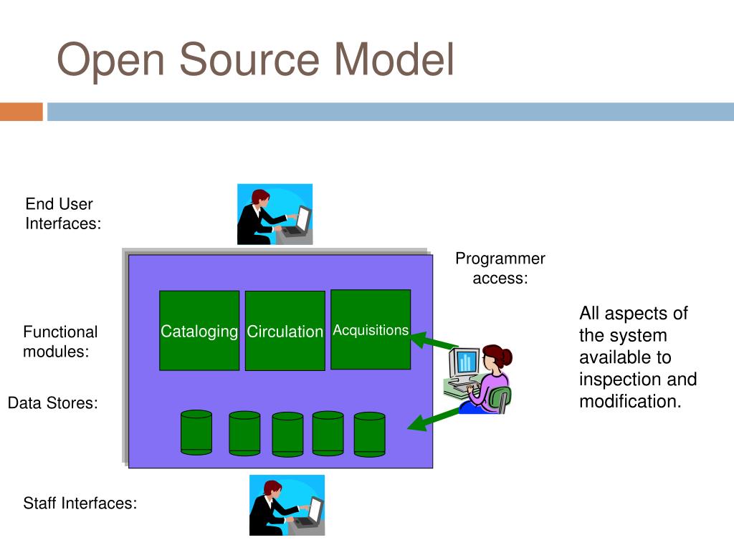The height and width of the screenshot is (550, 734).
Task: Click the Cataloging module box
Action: point(199,330)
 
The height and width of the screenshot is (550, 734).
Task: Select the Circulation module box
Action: point(285,331)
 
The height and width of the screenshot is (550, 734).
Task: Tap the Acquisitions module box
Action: point(371,329)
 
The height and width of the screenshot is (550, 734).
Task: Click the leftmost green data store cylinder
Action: point(196,433)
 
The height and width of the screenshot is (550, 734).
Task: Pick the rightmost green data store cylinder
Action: point(370,435)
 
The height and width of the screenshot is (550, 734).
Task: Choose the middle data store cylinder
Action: point(287,435)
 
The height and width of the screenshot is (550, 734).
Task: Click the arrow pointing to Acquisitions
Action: point(434,341)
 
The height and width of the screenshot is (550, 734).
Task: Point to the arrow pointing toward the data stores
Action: point(434,420)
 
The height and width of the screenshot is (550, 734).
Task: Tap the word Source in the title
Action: point(249,59)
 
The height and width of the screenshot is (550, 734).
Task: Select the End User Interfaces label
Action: point(63,213)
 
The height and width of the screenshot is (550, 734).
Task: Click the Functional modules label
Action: point(60,342)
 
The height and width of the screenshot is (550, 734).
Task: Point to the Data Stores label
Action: point(53,402)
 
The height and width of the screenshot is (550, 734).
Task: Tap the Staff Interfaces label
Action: point(80,503)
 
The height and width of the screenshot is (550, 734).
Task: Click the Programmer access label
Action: point(500,268)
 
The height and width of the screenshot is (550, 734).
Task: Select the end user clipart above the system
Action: point(275,214)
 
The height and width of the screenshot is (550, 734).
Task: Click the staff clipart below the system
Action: point(287,505)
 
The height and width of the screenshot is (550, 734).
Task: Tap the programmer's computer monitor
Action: point(464,362)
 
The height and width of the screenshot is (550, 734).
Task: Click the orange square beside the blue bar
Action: point(22,112)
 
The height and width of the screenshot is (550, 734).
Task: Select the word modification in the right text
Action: point(630,401)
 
